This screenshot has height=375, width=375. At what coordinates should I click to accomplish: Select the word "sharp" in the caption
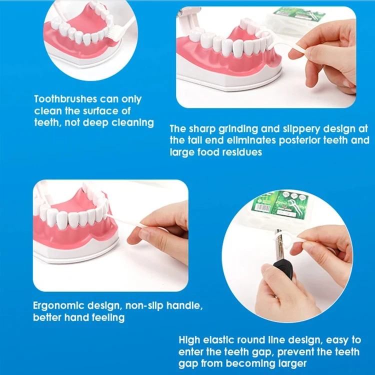(x=203, y=128)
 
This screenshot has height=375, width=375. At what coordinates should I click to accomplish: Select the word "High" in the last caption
(x=189, y=340)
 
